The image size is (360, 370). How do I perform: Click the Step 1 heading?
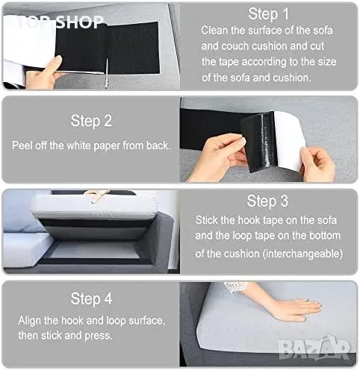pyautogui.click(x=269, y=14)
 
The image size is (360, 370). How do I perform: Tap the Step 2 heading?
pyautogui.click(x=91, y=121)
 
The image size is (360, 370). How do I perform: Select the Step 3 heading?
pyautogui.click(x=267, y=201)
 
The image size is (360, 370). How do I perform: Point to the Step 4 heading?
pyautogui.click(x=91, y=298)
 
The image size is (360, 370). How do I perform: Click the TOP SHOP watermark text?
pyautogui.click(x=60, y=22)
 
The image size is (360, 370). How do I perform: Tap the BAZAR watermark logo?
pyautogui.click(x=314, y=348)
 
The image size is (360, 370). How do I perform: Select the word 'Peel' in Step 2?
pyautogui.click(x=22, y=145)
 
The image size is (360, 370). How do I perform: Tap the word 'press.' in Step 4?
pyautogui.click(x=99, y=336)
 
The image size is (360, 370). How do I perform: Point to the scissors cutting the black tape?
pyautogui.click(x=107, y=73)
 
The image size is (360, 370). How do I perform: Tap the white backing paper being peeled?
pyautogui.click(x=289, y=140)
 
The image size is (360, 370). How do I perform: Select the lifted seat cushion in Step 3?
pyautogui.click(x=93, y=207)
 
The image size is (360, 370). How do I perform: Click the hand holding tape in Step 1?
pyautogui.click(x=43, y=73)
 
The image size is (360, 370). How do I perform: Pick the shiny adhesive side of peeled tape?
pyautogui.click(x=260, y=141)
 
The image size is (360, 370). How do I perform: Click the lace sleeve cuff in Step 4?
pyautogui.click(x=235, y=286)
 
